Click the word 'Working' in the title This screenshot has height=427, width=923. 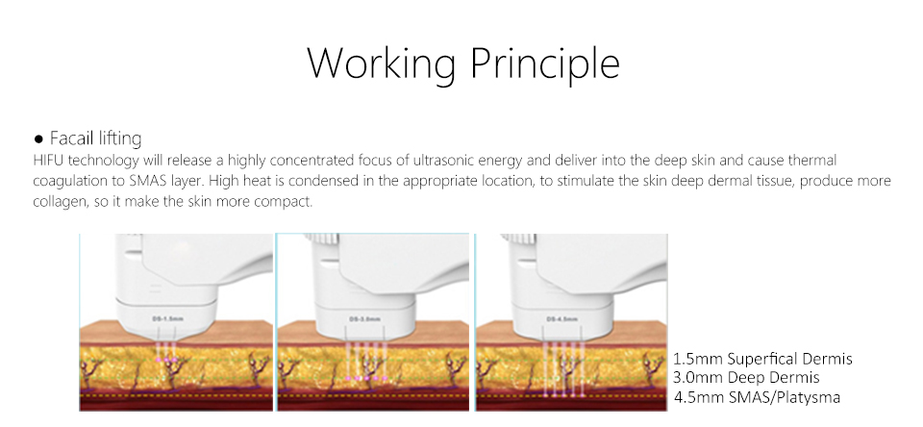tap(382, 63)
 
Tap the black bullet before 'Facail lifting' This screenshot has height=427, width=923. tap(38, 139)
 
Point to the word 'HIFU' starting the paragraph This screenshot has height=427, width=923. tap(44, 161)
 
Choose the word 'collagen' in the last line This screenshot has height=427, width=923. tap(56, 202)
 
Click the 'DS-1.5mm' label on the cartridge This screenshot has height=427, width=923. tap(167, 318)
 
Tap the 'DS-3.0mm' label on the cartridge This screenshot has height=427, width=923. tap(365, 318)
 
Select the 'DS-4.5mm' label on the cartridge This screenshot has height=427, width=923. tap(562, 318)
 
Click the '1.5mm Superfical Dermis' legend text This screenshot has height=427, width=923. tap(762, 359)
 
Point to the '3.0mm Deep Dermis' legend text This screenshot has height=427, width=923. tap(746, 378)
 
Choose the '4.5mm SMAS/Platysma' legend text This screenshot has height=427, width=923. tap(757, 397)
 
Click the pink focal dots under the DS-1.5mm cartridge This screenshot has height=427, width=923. tap(166, 359)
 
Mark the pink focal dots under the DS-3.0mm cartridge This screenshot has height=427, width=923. tap(366, 378)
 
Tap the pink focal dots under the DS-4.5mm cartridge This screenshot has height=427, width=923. tap(564, 395)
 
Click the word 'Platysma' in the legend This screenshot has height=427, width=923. tap(809, 397)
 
